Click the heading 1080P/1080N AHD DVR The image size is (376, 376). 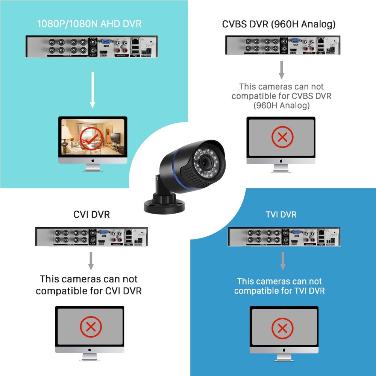click(x=89, y=24)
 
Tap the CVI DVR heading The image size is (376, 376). click(x=91, y=214)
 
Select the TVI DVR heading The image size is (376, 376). click(x=281, y=214)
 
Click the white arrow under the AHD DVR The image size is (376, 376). click(x=92, y=91)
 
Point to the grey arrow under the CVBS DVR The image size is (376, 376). click(x=281, y=69)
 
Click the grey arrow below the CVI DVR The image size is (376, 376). click(x=91, y=261)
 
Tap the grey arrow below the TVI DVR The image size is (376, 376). click(x=283, y=261)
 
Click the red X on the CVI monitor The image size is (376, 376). click(x=90, y=327)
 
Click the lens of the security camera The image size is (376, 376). click(x=206, y=162)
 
